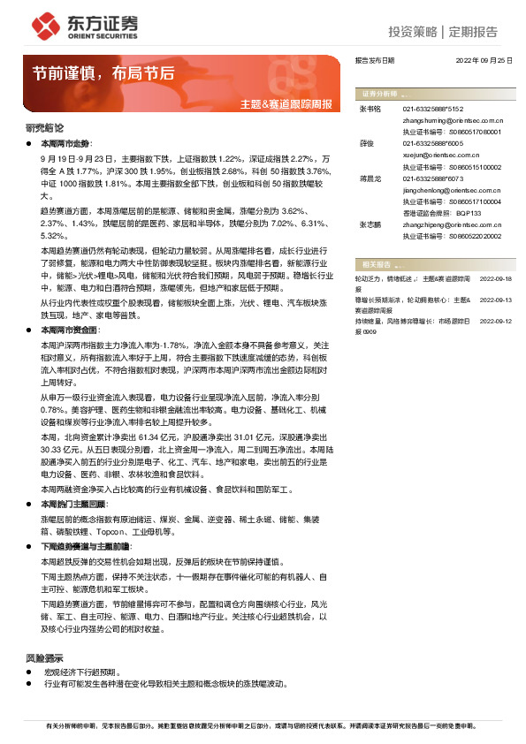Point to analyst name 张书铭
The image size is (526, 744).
(370, 109)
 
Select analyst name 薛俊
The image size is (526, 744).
(366, 142)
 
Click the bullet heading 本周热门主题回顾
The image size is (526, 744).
(85, 503)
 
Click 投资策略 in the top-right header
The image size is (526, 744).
(413, 33)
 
